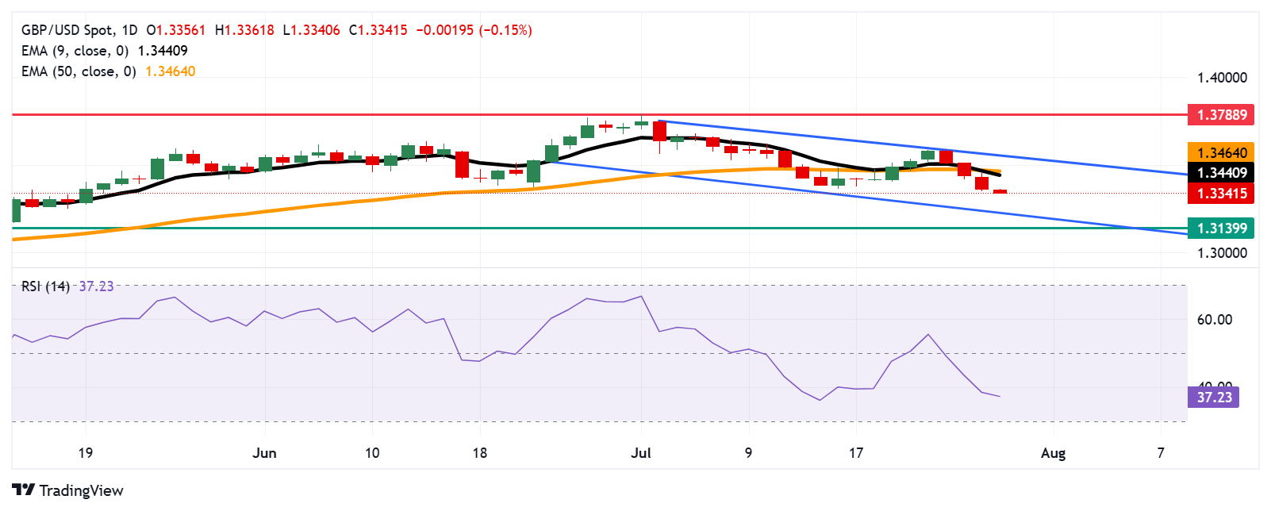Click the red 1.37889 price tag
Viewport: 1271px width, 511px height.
click(x=1221, y=114)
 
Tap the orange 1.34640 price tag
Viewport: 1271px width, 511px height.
click(x=1221, y=152)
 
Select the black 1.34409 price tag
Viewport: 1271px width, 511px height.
click(x=1221, y=172)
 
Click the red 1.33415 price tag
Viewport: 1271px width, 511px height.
click(x=1221, y=193)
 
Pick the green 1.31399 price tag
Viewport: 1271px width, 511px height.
click(x=1221, y=228)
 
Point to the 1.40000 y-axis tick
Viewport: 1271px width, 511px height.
click(x=1222, y=78)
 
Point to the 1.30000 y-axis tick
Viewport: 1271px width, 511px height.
click(x=1222, y=252)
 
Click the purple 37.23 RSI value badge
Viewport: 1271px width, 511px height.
click(x=1214, y=397)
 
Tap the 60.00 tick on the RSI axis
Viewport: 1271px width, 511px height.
click(x=1214, y=320)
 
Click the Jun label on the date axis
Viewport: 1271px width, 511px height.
click(x=264, y=453)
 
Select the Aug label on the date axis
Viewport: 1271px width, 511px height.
click(x=1053, y=453)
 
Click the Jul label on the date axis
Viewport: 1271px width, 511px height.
click(x=640, y=453)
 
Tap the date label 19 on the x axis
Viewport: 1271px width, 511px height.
click(x=86, y=453)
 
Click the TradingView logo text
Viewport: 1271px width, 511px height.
click(x=81, y=490)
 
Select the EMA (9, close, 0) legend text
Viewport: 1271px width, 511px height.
click(x=75, y=51)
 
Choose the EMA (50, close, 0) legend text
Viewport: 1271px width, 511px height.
click(x=79, y=71)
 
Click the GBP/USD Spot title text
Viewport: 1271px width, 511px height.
click(x=67, y=30)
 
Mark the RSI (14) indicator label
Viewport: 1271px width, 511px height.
click(x=45, y=286)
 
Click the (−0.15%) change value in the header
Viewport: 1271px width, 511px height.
click(x=505, y=30)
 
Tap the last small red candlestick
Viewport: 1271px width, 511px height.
click(x=1000, y=191)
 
